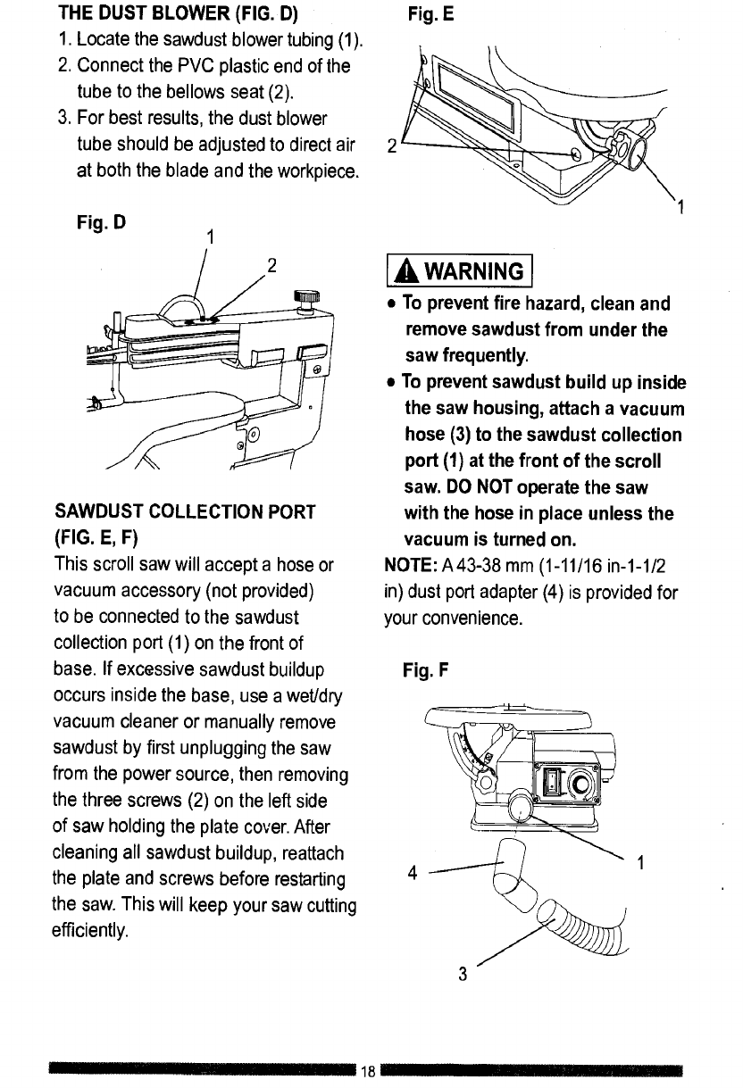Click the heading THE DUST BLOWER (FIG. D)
pos(179,15)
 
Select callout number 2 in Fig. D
pos(273,265)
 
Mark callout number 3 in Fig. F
pos(462,974)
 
